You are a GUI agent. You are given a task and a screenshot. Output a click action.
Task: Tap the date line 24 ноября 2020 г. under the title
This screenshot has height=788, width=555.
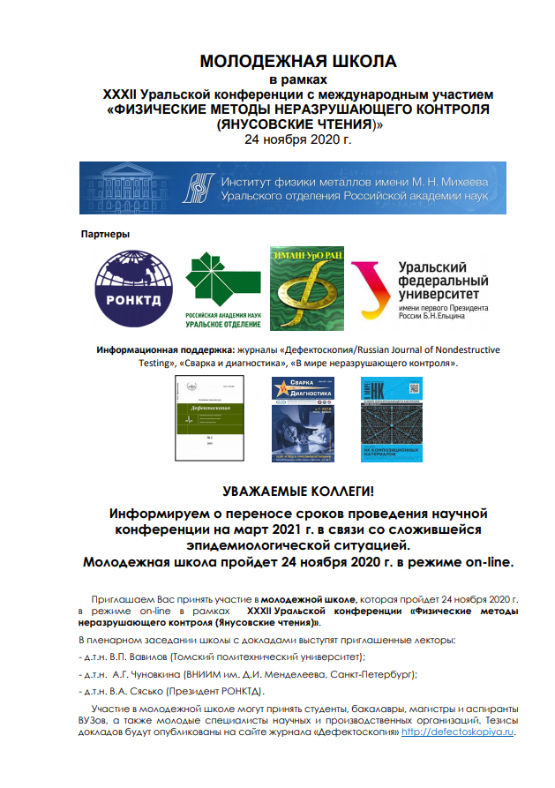[298, 140]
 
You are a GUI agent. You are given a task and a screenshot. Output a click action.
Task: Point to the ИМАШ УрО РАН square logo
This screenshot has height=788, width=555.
[305, 283]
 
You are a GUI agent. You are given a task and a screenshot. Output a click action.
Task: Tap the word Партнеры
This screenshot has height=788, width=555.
[105, 235]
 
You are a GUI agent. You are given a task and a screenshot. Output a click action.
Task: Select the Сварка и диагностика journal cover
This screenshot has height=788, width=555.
[304, 419]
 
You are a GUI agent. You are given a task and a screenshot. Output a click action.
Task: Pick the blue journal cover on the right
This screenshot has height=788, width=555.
[390, 419]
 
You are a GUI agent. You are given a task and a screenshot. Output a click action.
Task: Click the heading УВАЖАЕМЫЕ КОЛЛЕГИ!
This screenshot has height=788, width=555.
[297, 490]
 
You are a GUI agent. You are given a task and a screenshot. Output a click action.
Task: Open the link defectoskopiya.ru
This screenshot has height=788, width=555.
[457, 732]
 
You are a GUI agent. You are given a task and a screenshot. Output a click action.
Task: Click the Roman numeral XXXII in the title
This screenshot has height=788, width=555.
[124, 93]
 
